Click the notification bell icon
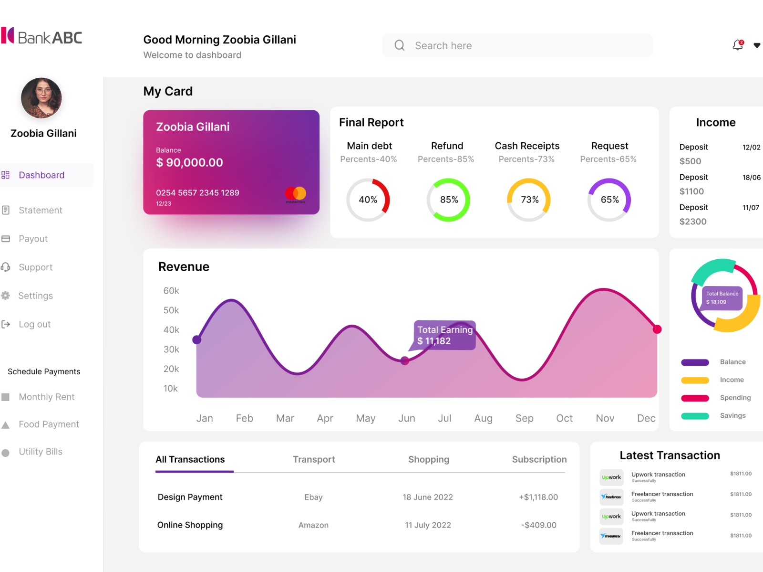coord(738,45)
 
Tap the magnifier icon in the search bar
coord(400,45)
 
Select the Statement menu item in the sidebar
coord(40,210)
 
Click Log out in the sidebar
coord(34,324)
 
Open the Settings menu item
coord(35,296)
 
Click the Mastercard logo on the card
coord(296,193)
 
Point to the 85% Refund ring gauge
coord(448,200)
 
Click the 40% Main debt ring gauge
coord(368,200)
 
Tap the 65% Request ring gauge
coord(609,200)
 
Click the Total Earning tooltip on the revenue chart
coord(444,335)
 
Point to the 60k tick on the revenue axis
coord(171,291)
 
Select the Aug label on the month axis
coord(483,418)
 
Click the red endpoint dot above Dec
coord(657,329)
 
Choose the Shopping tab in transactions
coord(428,459)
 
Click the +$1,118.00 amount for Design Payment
coord(538,497)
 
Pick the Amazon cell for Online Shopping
coord(313,525)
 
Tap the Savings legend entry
coord(732,415)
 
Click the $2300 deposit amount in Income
coord(693,222)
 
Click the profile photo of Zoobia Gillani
coord(41,98)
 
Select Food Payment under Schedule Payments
coord(49,424)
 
